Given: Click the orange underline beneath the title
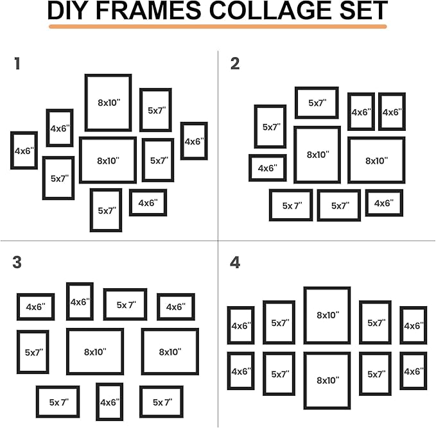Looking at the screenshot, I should (x=218, y=27).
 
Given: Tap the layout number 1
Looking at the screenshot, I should (x=17, y=64).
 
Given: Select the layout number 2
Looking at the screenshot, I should (x=235, y=64).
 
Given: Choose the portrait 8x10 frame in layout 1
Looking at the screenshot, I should (x=108, y=103).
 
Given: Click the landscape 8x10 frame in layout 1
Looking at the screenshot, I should (x=108, y=160).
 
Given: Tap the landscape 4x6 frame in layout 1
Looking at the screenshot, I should (x=148, y=203).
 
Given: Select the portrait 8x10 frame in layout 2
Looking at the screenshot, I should (x=317, y=155).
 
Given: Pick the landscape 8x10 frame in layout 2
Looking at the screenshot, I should (x=376, y=160).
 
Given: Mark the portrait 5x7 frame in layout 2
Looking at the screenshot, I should (x=270, y=127).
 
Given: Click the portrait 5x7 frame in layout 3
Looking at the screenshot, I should (x=33, y=352).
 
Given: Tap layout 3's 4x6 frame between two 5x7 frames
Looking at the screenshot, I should (x=109, y=402).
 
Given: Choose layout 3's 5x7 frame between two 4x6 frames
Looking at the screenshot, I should (x=125, y=305).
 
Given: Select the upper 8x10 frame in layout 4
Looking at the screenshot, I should (x=327, y=315).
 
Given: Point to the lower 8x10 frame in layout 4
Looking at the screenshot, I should (x=327, y=381).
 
